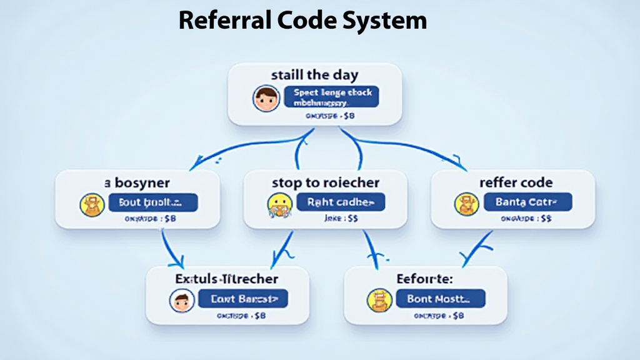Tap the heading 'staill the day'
(x=314, y=75)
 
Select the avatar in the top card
(x=266, y=99)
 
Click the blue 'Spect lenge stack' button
(x=332, y=97)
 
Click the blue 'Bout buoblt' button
(x=153, y=202)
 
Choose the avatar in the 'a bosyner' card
(x=92, y=205)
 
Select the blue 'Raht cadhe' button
(x=341, y=202)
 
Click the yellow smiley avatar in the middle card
(x=279, y=205)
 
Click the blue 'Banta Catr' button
(x=528, y=202)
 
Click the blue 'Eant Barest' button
(x=242, y=299)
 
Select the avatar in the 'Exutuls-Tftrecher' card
(x=182, y=300)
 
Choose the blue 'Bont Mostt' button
(x=441, y=299)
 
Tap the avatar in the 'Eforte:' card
(x=379, y=300)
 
